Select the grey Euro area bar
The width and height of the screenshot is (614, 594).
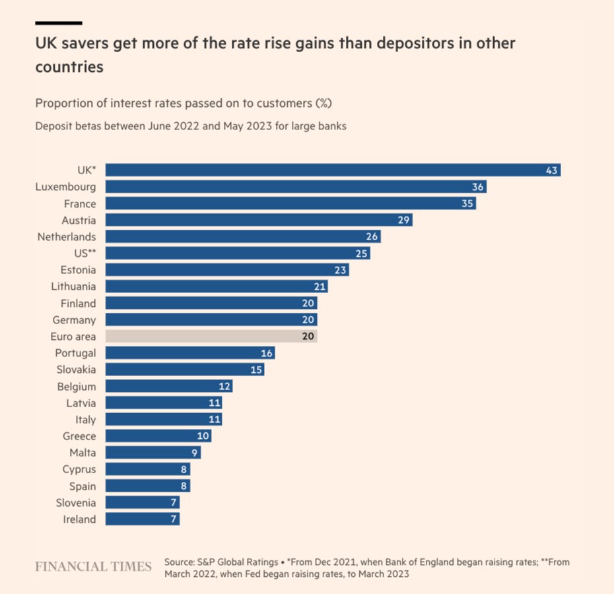click(211, 337)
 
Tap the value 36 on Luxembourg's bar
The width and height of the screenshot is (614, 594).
click(478, 187)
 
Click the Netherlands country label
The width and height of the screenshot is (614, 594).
click(66, 237)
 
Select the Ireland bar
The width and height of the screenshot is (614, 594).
click(142, 519)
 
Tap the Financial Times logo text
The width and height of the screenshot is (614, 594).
click(93, 566)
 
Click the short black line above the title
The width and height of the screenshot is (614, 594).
click(59, 23)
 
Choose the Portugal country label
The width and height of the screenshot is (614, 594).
click(75, 353)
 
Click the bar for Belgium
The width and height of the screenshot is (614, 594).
click(168, 386)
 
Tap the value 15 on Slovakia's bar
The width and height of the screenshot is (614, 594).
click(256, 370)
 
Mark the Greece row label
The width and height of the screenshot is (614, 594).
click(79, 436)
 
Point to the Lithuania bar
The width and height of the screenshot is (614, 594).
click(217, 286)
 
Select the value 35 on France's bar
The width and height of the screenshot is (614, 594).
click(467, 204)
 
